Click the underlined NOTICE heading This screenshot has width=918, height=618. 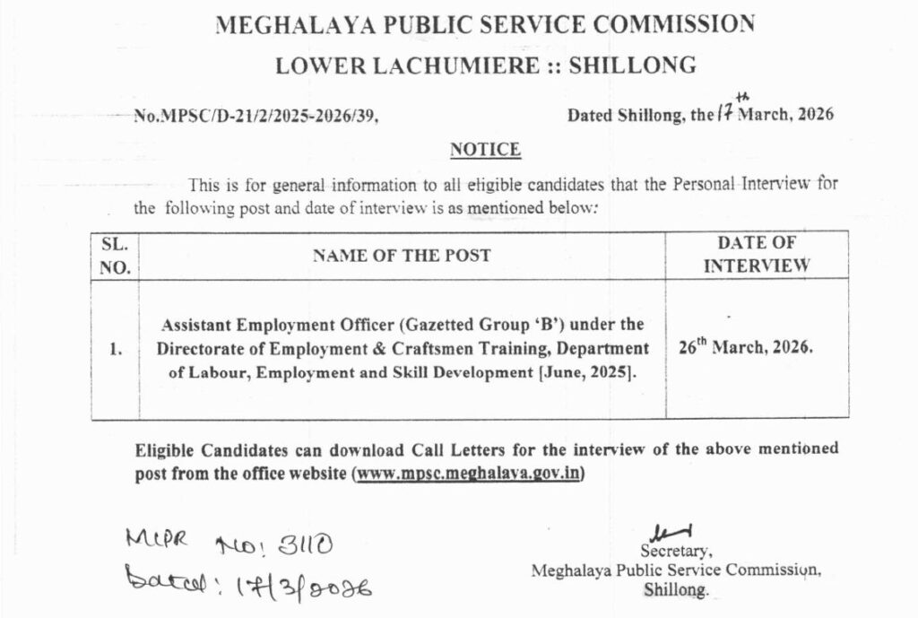[484, 149]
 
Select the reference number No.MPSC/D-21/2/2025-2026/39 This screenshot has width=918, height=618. [262, 116]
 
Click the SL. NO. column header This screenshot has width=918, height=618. [115, 255]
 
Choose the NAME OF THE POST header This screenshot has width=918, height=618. [402, 255]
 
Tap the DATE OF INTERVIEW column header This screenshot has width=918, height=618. [757, 255]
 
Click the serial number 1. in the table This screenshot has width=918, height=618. [116, 351]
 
